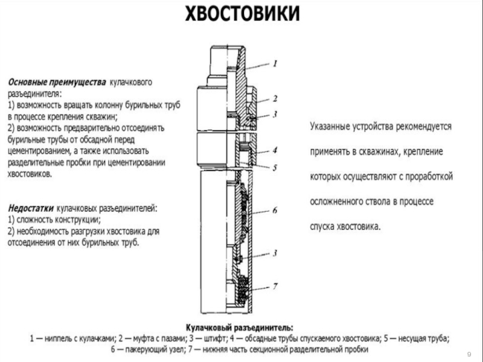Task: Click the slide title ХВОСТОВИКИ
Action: [x=241, y=14]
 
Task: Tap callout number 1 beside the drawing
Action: [x=274, y=63]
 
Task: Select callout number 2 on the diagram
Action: [x=274, y=98]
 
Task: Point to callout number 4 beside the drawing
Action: [x=274, y=150]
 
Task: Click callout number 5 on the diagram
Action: [x=274, y=167]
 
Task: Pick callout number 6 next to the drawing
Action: [x=274, y=211]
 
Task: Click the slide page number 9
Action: [x=470, y=353]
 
